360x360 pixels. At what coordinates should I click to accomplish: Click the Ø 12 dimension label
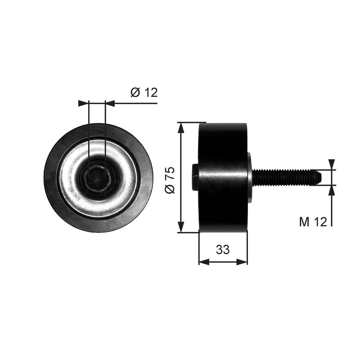coord(144,93)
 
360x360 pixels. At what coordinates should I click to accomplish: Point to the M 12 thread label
coord(312,221)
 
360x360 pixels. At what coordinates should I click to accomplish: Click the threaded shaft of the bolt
coord(283,177)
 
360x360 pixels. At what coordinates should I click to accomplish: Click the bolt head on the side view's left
coord(194,177)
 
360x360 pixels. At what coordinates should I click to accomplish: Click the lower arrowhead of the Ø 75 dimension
coord(181,228)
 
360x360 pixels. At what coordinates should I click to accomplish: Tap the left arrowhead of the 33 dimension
coord(203,261)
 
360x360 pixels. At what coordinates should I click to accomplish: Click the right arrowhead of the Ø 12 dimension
coord(109,103)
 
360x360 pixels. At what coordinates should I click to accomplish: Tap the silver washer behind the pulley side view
coord(249,177)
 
